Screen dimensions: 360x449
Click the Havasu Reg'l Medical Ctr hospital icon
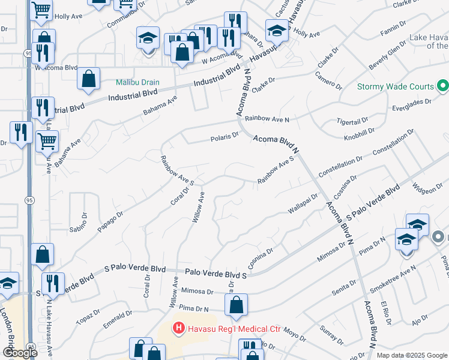pos(178,329)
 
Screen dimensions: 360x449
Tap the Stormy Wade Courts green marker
pos(442,86)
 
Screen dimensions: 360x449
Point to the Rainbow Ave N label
pos(267,119)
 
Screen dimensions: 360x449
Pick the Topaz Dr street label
pos(88,316)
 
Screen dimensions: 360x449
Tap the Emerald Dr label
pos(118,319)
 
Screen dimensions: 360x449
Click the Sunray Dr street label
pos(331,334)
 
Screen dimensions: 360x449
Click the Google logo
pos(20,353)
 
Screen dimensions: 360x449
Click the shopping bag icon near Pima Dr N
pos(237,305)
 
